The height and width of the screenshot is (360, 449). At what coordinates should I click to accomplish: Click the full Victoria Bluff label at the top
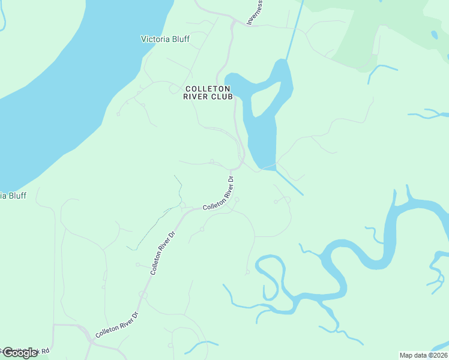click(165, 40)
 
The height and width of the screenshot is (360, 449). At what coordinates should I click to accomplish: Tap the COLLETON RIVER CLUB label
click(207, 93)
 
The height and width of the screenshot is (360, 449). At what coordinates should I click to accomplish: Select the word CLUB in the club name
click(220, 98)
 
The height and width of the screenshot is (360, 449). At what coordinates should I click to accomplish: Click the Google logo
click(19, 353)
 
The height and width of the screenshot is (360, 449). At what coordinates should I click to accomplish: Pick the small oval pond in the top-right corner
click(433, 35)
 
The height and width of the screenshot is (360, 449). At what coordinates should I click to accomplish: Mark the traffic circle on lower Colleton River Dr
click(143, 295)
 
